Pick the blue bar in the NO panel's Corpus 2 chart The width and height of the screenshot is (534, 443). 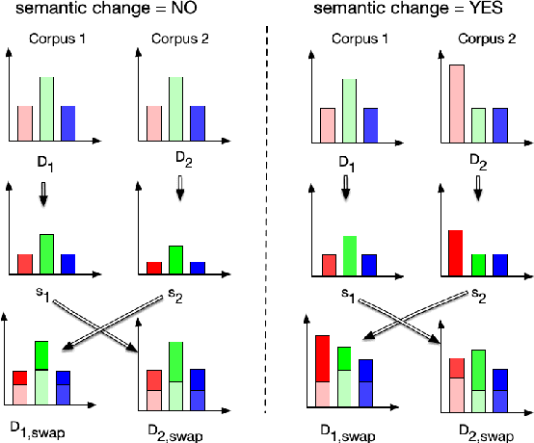(198, 122)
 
